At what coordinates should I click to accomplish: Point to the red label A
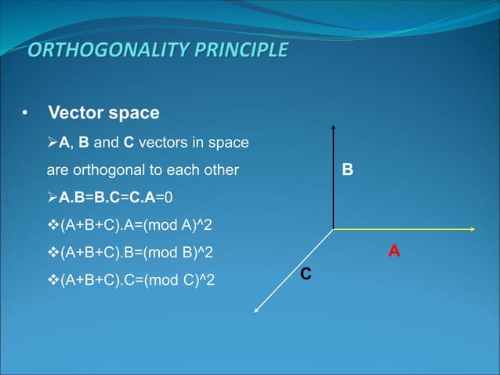coord(394,251)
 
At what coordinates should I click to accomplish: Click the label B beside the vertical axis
coord(347,169)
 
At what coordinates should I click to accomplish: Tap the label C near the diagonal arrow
coord(306,274)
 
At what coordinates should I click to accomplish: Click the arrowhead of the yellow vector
coord(474,229)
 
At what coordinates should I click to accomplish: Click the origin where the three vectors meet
coord(334,229)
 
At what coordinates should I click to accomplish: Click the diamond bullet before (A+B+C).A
coord(53,226)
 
